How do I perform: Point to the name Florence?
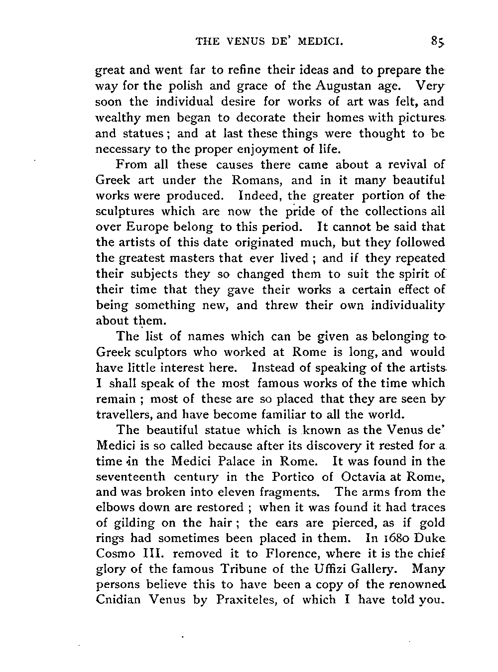tap(272, 554)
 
